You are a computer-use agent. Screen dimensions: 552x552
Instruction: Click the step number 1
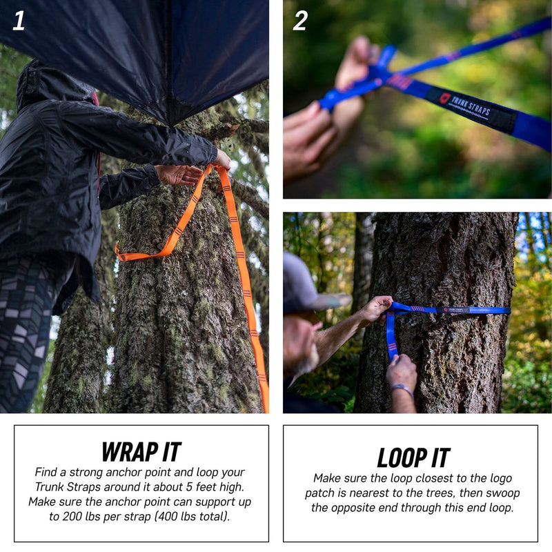point(19,21)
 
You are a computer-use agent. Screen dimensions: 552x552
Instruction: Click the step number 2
point(299,21)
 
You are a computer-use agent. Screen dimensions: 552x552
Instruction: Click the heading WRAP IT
point(141,451)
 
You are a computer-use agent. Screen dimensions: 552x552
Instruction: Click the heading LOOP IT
point(413,457)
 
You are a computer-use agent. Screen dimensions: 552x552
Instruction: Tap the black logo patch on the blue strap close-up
point(470,107)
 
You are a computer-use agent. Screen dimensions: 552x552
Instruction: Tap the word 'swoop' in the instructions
point(501,493)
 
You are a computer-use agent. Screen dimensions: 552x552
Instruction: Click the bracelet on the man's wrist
point(402,389)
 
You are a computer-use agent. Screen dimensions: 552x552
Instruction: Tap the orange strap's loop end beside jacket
point(124,253)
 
